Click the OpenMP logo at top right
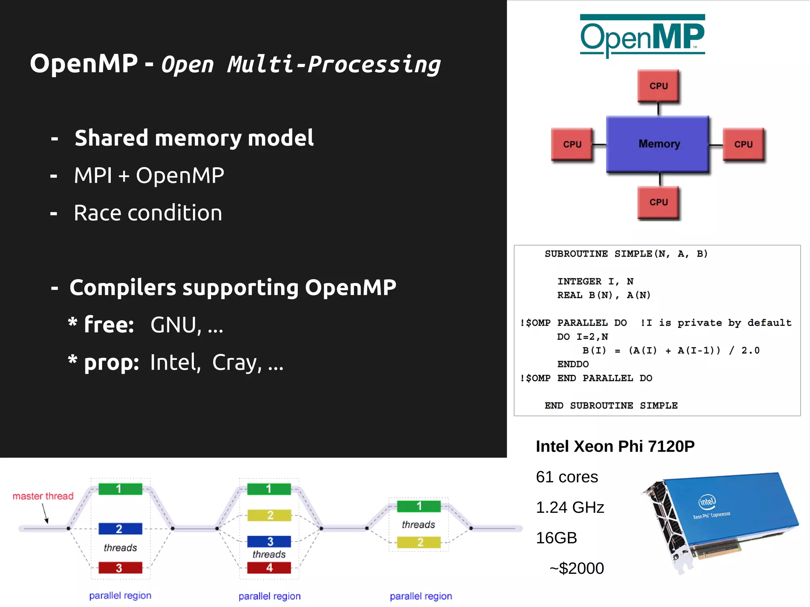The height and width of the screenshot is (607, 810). click(642, 36)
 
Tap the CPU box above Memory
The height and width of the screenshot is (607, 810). click(658, 86)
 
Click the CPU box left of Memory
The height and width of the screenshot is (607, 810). click(572, 144)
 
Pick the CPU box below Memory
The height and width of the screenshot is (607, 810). click(658, 202)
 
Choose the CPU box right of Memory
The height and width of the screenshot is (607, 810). click(743, 144)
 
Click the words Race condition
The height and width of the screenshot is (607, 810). click(148, 213)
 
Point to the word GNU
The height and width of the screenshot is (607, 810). click(173, 325)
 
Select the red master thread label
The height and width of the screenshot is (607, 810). click(43, 496)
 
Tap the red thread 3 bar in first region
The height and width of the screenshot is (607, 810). click(120, 568)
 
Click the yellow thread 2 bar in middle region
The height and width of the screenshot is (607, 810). click(269, 515)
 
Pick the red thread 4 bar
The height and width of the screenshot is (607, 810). click(269, 568)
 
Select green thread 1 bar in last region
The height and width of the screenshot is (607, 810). click(418, 506)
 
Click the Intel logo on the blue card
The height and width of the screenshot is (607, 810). click(707, 502)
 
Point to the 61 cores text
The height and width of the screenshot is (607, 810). click(566, 477)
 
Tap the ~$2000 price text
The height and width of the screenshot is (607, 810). click(576, 568)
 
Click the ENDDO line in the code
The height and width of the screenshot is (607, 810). click(573, 364)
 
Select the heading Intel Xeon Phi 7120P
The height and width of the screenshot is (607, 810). click(615, 446)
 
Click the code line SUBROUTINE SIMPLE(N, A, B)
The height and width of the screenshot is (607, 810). click(626, 254)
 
